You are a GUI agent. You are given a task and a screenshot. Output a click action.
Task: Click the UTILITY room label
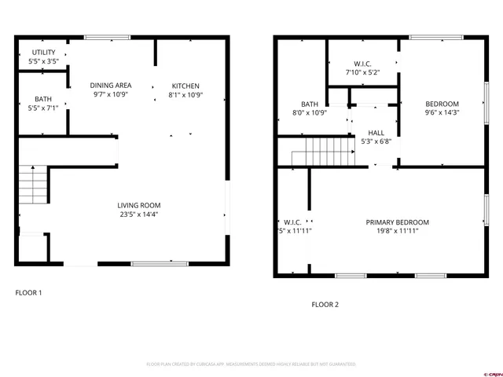31,53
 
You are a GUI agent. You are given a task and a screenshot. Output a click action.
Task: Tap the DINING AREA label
110,86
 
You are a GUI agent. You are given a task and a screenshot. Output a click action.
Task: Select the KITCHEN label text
185,86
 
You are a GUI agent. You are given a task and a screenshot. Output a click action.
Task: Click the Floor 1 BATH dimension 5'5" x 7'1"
42,108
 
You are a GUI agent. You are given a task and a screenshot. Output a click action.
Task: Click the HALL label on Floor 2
375,134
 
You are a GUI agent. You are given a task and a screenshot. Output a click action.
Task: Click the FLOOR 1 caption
29,293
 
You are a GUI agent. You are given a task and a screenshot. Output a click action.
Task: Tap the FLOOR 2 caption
325,304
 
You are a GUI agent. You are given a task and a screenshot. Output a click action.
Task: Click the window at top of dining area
107,36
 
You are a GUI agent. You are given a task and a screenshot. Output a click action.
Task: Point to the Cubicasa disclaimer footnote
251,364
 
